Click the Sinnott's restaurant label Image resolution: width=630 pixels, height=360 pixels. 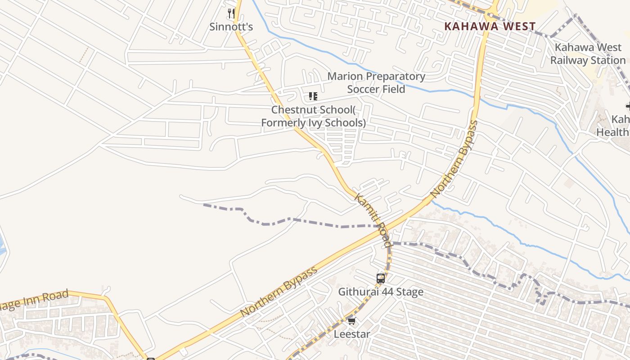[x=231, y=27]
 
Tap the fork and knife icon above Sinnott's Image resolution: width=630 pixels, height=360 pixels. [x=231, y=13]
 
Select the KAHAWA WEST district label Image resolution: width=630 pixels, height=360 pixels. [x=490, y=27]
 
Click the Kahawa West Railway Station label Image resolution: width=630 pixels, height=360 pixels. [x=588, y=54]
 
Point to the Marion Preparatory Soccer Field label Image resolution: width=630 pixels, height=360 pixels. [x=376, y=83]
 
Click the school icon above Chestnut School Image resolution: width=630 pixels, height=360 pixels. [x=313, y=96]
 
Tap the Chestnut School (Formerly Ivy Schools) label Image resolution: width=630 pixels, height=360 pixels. [x=314, y=116]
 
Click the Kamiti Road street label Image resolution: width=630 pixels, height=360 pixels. [x=373, y=220]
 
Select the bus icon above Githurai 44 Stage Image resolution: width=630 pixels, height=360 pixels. [x=381, y=278]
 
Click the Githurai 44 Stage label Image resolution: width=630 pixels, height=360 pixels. [x=381, y=292]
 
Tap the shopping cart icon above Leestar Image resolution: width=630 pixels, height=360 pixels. [x=351, y=321]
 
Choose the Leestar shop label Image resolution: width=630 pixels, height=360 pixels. [x=351, y=334]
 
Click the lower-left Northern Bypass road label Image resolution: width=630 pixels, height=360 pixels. [x=279, y=292]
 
